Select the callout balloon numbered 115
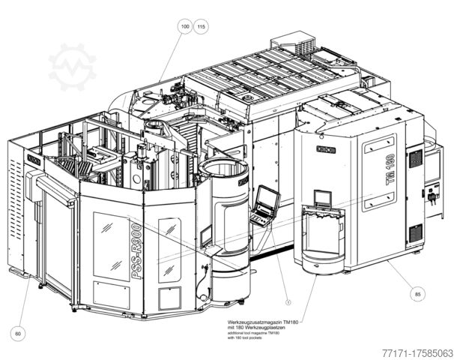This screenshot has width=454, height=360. tap(201, 27)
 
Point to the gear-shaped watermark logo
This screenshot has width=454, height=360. tap(73, 66)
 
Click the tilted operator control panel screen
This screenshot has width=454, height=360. tap(265, 202)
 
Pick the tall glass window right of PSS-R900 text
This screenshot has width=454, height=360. tap(170, 249)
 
